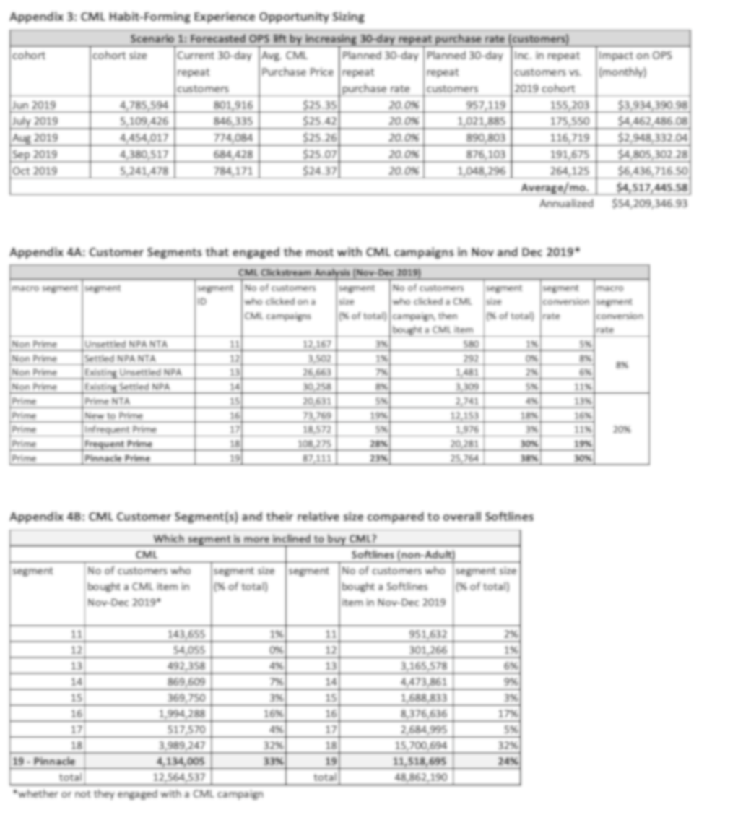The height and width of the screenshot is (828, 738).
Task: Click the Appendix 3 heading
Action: [x=187, y=16]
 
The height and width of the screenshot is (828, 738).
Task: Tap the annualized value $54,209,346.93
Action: [x=648, y=203]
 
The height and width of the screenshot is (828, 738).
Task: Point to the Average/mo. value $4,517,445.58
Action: [x=648, y=188]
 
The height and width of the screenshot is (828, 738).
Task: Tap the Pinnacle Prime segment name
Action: [x=117, y=458]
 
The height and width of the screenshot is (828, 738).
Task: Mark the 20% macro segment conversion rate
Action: [x=621, y=429]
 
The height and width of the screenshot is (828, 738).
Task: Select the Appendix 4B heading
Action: [x=271, y=517]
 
